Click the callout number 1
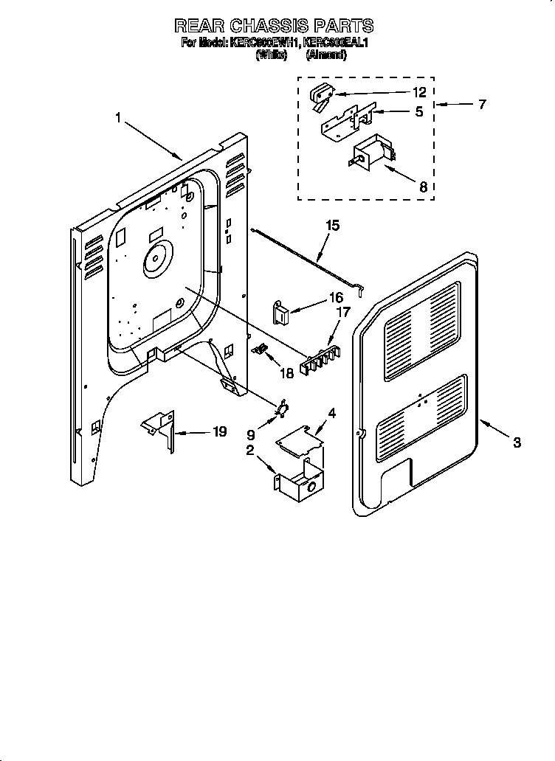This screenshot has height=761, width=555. coord(118,117)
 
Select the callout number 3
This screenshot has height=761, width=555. coord(517,442)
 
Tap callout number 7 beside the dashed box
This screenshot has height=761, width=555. coord(482,105)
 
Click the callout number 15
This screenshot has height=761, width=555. coord(333,226)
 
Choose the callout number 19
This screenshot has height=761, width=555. coord(218,432)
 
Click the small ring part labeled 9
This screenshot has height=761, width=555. coord(283,409)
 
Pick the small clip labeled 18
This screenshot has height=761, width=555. coord(259,350)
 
